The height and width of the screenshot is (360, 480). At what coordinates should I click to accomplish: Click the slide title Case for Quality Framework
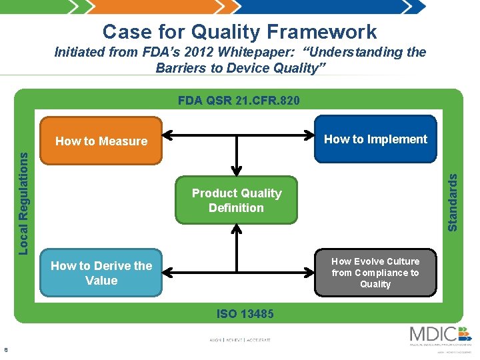pos(240,31)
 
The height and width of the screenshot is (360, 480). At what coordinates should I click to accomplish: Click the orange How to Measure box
pos(101,141)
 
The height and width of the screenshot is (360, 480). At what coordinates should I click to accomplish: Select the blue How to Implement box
pos(375,139)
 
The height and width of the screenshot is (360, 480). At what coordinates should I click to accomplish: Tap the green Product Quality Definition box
pos(237,200)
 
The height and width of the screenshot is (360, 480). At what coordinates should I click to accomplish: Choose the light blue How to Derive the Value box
pos(101,273)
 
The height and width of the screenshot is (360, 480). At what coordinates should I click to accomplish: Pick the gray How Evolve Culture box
pos(375,273)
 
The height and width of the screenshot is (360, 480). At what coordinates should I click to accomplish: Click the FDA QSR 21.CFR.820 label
pos(239,101)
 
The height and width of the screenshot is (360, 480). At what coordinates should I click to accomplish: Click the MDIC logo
pos(440,335)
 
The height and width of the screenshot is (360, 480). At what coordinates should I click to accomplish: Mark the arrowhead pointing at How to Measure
pos(167,139)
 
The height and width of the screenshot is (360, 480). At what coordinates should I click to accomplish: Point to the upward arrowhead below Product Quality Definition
pos(236,229)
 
